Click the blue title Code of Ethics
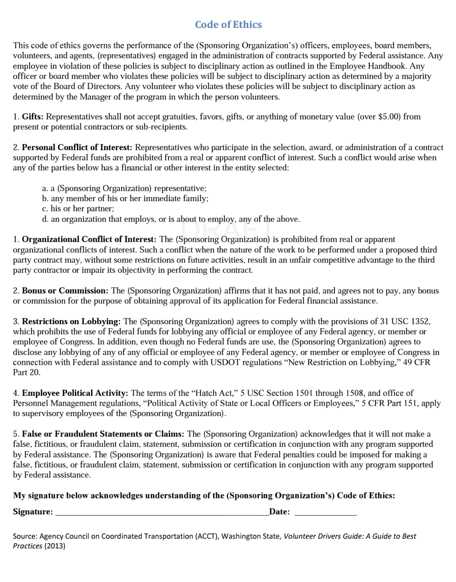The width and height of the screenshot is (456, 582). (x=228, y=25)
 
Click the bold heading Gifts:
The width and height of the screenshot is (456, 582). (x=32, y=117)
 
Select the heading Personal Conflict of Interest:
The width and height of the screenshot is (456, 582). (x=77, y=148)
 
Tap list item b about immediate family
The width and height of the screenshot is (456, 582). (x=125, y=199)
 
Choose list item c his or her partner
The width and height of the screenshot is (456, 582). (x=78, y=209)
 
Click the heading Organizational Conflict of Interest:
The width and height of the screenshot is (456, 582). (x=89, y=239)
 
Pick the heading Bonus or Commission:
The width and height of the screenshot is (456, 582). (x=65, y=291)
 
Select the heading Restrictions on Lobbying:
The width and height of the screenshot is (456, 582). (x=71, y=322)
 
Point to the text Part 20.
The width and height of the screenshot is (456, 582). (x=27, y=372)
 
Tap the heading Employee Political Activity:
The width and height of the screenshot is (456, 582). (x=75, y=393)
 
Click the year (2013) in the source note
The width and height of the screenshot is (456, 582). (x=55, y=546)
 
